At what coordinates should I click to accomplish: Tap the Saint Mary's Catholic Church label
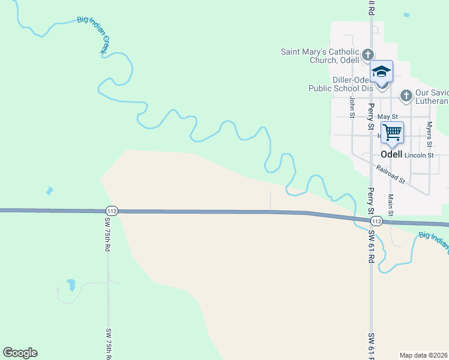(x=320, y=56)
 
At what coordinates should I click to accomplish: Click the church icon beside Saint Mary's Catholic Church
(x=369, y=56)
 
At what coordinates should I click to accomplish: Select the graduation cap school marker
(x=381, y=73)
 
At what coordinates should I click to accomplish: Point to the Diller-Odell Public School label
(x=337, y=84)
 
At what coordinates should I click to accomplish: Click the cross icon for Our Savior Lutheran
(x=406, y=95)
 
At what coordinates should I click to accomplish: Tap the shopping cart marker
(x=392, y=132)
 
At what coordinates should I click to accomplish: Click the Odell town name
(x=391, y=154)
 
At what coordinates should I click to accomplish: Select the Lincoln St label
(x=419, y=155)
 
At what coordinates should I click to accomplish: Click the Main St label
(x=391, y=205)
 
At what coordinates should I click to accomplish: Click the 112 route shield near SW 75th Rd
(x=111, y=211)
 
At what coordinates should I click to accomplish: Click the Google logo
(x=20, y=353)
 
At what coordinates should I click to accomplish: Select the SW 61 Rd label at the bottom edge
(x=372, y=345)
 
